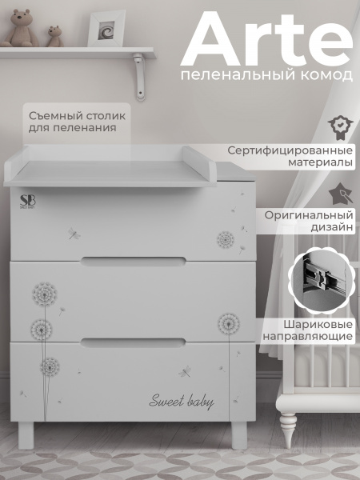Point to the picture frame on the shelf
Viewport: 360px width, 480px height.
point(106,28)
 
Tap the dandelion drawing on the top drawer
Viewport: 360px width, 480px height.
point(226,238)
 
